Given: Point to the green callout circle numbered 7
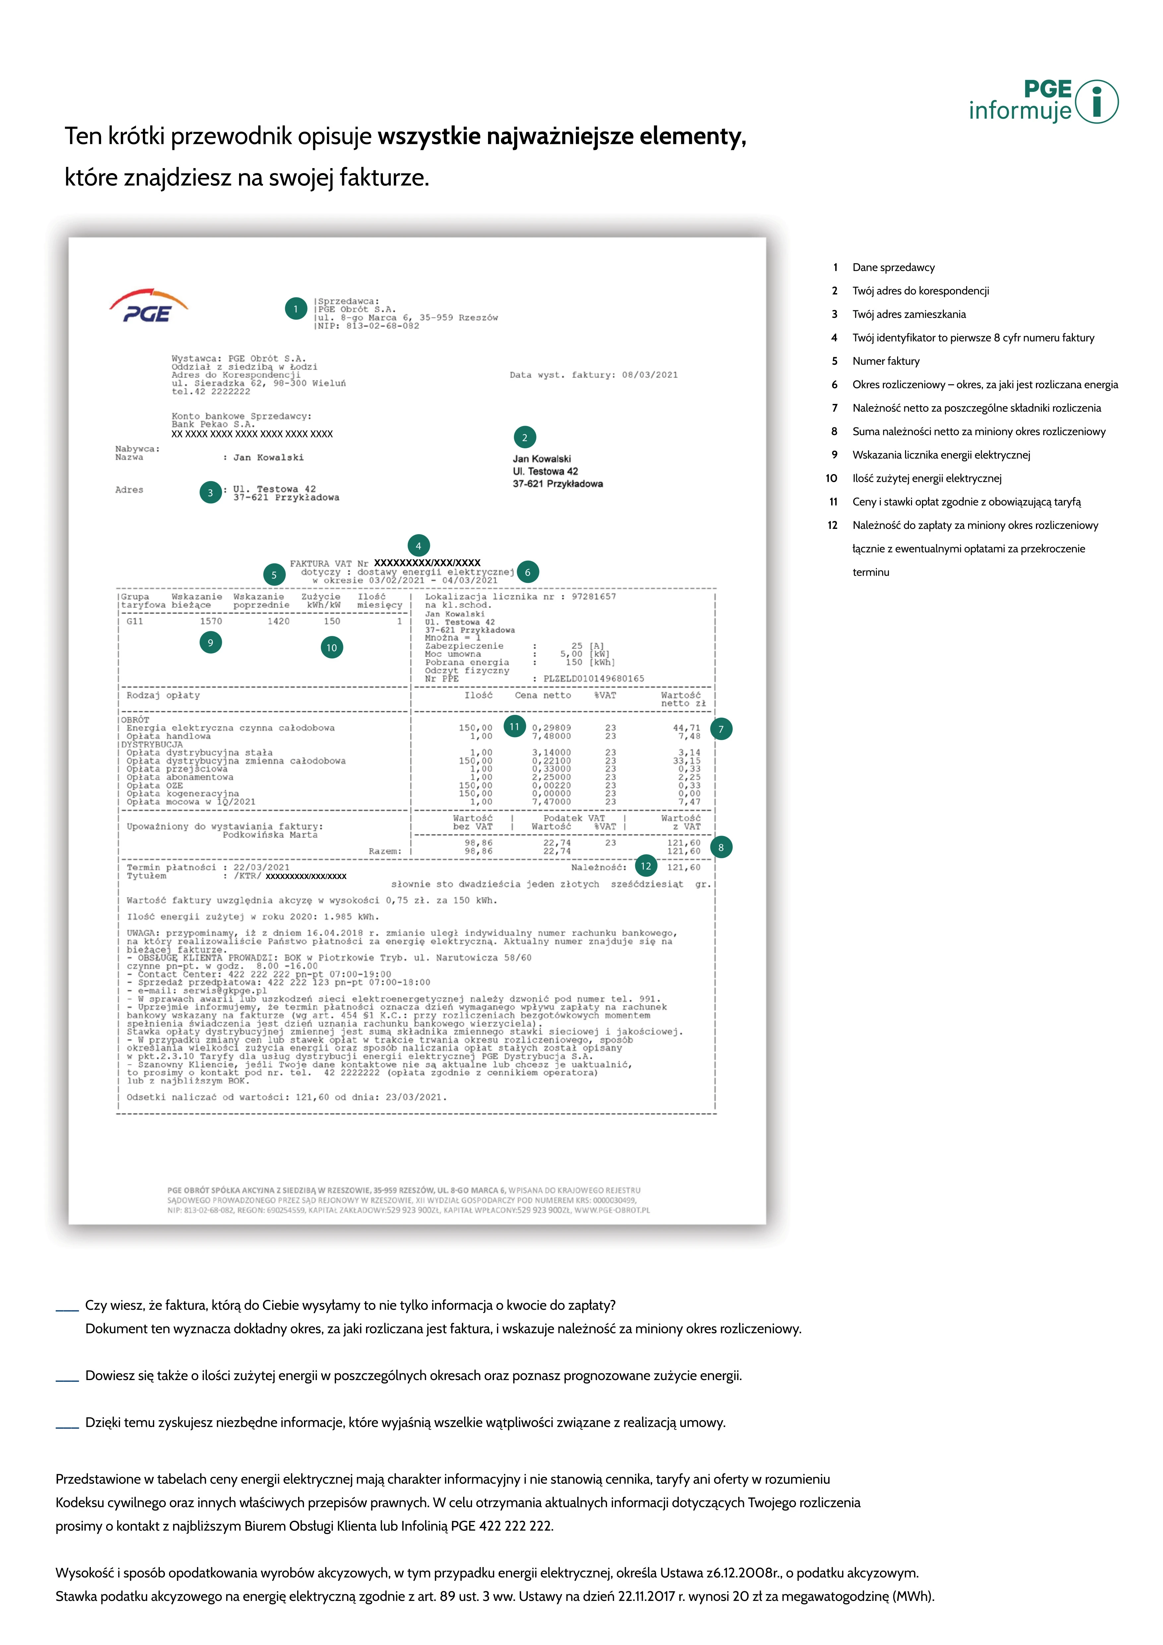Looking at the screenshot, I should [721, 729].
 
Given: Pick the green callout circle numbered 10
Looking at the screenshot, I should [332, 648].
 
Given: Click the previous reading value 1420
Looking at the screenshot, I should [278, 621].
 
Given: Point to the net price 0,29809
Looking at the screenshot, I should [551, 728].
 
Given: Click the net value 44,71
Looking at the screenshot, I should [686, 728].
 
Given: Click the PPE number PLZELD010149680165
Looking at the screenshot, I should [594, 678].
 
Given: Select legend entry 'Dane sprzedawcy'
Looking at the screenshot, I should [893, 267].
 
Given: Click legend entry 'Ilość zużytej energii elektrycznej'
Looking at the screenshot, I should [927, 478].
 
